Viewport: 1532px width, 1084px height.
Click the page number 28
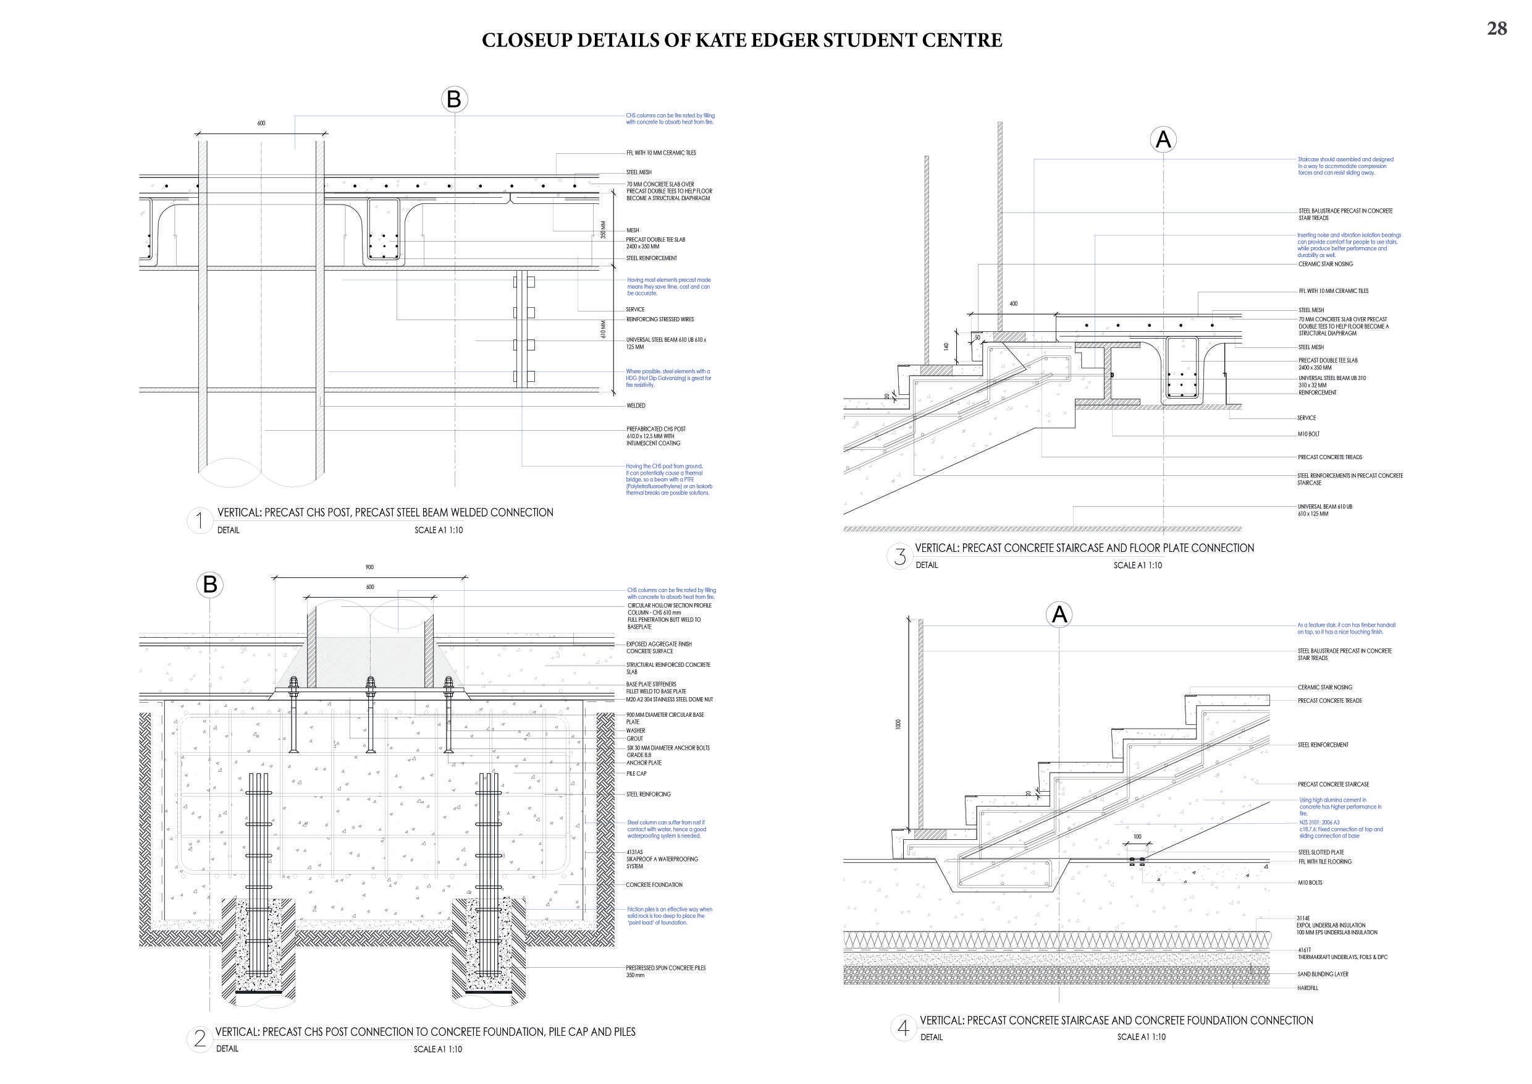[x=1497, y=28]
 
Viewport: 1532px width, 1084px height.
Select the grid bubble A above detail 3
[x=1163, y=140]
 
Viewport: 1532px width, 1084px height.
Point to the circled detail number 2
[x=200, y=1040]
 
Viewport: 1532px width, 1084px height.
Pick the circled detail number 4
[x=903, y=1028]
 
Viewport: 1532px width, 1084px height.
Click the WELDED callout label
[x=636, y=406]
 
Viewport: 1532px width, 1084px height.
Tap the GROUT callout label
[x=634, y=739]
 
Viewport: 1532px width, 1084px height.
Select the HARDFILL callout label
[x=1307, y=988]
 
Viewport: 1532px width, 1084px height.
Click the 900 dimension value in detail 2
[x=369, y=567]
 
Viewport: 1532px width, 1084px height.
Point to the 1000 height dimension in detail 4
[x=898, y=724]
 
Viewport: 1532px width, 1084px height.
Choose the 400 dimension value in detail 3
[x=1014, y=303]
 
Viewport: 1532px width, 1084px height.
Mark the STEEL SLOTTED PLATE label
[x=1321, y=852]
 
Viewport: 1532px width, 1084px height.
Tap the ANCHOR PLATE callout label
[x=644, y=763]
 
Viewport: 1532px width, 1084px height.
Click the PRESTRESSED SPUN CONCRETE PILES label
[x=665, y=968]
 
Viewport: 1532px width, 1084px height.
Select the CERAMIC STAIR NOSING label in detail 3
[x=1325, y=265]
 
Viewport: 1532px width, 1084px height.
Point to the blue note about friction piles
[x=669, y=916]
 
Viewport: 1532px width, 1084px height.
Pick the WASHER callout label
[x=636, y=731]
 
